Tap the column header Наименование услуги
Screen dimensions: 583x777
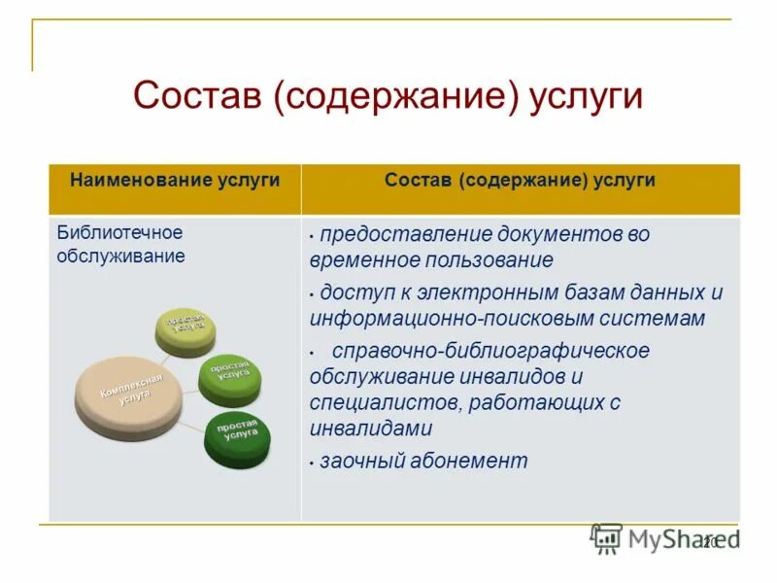(175, 180)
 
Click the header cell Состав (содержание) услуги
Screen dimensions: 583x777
(520, 180)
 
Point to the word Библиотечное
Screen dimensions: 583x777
(119, 233)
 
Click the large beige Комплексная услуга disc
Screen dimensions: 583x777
(127, 392)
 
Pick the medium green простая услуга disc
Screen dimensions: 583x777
(230, 377)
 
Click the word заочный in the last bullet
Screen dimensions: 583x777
(361, 461)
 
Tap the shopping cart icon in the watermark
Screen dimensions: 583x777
(606, 538)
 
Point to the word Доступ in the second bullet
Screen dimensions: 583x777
(355, 292)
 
